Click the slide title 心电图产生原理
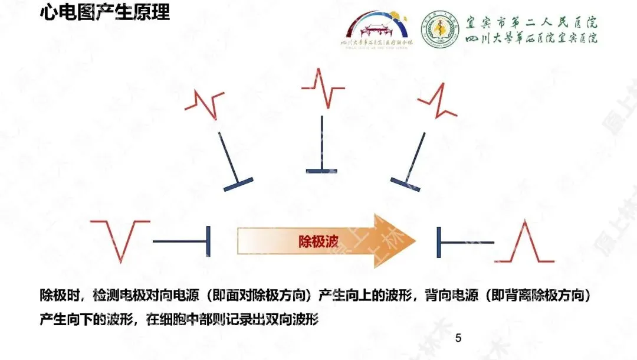pyautogui.click(x=104, y=12)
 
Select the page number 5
pyautogui.click(x=458, y=339)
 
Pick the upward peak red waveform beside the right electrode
pyautogui.click(x=524, y=242)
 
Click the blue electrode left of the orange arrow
pyautogui.click(x=183, y=241)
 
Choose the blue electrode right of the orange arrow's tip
pyautogui.click(x=463, y=242)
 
